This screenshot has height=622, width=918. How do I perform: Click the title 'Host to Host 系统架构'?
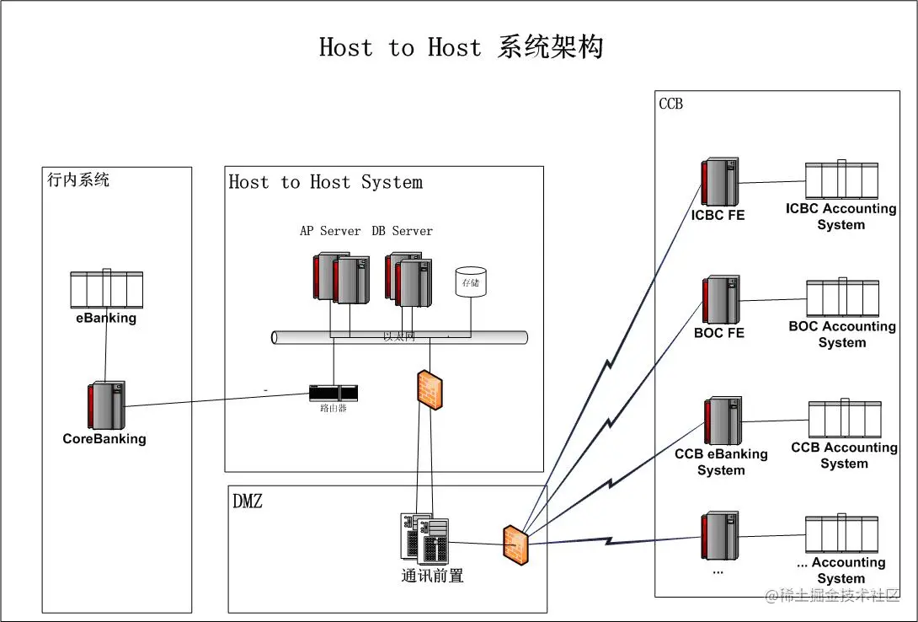(461, 47)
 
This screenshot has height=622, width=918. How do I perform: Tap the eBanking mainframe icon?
(106, 290)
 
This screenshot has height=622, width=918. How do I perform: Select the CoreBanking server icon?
(106, 405)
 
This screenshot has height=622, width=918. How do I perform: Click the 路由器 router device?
(333, 393)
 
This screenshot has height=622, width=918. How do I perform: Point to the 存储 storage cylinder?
(470, 282)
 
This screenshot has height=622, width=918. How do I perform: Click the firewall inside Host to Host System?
(429, 389)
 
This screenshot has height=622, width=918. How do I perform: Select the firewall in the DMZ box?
(515, 544)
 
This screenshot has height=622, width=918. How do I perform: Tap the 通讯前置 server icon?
(424, 539)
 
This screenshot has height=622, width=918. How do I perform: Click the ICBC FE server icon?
(720, 181)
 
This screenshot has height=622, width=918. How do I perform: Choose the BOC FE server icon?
(721, 299)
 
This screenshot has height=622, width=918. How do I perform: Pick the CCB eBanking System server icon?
(722, 421)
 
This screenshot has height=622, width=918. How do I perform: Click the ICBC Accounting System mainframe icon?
(841, 180)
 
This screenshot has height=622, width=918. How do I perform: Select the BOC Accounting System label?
(841, 335)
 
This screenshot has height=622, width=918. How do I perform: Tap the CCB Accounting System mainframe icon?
(844, 420)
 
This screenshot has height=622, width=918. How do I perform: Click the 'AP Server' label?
(330, 231)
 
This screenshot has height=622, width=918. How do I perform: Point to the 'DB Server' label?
(403, 231)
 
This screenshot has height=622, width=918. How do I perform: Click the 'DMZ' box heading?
(248, 501)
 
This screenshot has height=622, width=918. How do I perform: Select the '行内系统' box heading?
(78, 180)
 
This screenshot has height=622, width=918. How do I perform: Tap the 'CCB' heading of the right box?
(670, 104)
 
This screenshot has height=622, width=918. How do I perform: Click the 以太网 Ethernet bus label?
(399, 337)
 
